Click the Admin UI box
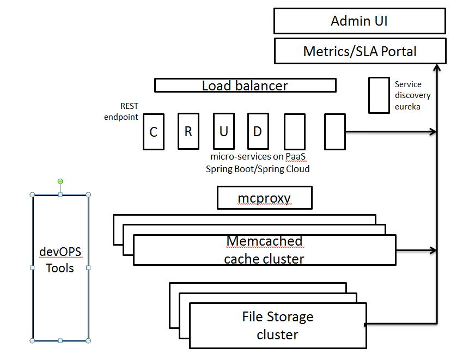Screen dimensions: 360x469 [360, 21]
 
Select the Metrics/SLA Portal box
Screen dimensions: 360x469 [360, 51]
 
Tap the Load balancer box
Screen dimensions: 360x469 [245, 86]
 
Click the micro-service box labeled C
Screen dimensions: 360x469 [154, 131]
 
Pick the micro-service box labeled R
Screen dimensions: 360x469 [188, 131]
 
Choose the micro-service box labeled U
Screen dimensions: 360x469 [223, 131]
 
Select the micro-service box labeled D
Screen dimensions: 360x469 [258, 131]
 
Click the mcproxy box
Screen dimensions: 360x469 [264, 198]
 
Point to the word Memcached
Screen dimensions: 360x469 [264, 241]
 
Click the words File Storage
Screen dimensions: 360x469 [277, 316]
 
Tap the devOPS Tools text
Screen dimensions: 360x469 [60, 260]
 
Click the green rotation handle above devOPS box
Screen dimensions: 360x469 [60, 181]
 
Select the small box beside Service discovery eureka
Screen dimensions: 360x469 [379, 95]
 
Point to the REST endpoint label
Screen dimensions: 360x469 [122, 112]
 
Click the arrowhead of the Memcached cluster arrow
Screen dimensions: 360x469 [434, 251]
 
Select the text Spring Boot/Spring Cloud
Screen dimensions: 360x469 [258, 169]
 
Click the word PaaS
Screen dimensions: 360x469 [296, 157]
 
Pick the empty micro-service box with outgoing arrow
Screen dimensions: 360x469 [334, 131]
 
